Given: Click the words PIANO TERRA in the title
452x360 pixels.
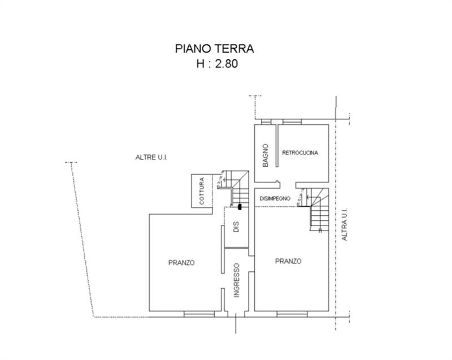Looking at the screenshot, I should (214, 49).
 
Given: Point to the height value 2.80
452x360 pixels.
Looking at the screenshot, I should (225, 64).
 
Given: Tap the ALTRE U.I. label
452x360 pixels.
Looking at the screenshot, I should (152, 157).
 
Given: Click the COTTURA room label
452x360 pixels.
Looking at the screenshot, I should (202, 192).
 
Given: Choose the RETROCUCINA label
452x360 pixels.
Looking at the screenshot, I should (300, 153).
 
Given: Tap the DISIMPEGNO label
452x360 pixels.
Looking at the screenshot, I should (275, 198).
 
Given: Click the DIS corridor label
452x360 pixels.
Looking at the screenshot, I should (237, 227).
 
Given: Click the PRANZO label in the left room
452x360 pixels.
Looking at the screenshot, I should (181, 262).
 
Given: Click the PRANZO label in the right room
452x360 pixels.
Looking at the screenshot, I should (288, 261).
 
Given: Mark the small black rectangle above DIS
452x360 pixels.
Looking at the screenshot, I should (240, 207).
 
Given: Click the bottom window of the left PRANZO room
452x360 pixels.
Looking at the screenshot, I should (199, 313).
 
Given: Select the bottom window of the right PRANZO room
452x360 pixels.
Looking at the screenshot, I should (292, 313).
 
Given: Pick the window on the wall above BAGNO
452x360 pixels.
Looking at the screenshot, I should (266, 122).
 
